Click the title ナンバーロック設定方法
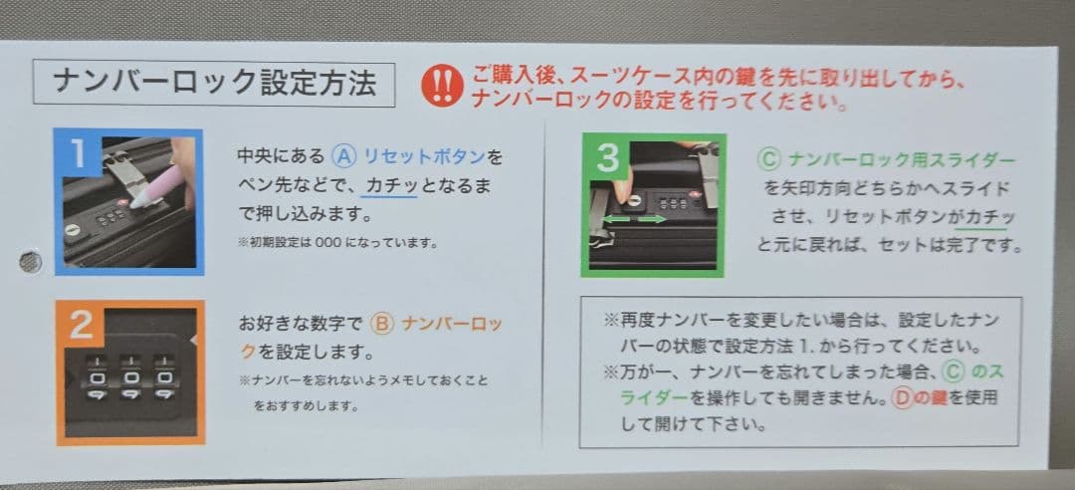(214, 84)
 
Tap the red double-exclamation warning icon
(442, 86)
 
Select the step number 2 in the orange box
(81, 325)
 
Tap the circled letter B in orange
(382, 325)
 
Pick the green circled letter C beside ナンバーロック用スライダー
(767, 159)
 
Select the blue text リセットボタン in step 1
(424, 157)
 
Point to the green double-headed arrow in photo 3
(633, 217)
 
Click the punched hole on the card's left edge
(31, 262)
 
